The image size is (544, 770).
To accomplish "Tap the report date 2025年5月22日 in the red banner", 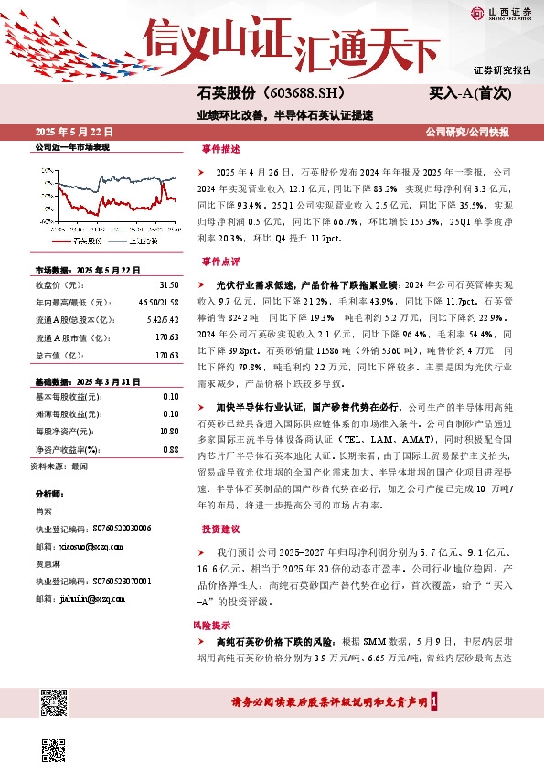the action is [70, 132].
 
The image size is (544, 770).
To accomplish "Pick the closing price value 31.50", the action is [167, 284].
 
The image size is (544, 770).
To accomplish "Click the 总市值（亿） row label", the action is [56, 354].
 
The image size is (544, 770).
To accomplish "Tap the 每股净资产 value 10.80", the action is [167, 430].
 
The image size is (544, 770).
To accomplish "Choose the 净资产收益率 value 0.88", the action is [169, 449].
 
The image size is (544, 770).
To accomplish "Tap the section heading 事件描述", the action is [220, 149].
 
